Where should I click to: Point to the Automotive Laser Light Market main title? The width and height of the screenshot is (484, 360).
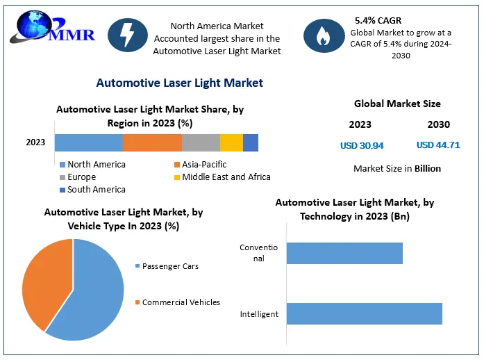[x=179, y=83]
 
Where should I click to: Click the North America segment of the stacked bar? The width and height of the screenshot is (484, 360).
[x=89, y=142]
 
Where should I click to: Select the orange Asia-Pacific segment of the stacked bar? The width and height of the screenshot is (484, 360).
[x=152, y=142]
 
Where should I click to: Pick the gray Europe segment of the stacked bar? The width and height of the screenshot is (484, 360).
[x=201, y=142]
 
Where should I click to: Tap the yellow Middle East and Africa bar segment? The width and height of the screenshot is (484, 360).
[x=231, y=142]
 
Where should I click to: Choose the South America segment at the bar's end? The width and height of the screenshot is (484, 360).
[x=251, y=142]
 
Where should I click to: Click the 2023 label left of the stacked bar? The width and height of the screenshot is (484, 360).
[x=35, y=142]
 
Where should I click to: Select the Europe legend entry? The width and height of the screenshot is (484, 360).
[x=81, y=177]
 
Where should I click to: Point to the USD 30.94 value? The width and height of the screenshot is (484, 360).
[x=362, y=146]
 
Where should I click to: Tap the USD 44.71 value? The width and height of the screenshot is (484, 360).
[x=438, y=145]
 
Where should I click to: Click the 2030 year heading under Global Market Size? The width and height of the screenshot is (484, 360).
[x=438, y=125]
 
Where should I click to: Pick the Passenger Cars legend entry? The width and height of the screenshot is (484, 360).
[x=169, y=266]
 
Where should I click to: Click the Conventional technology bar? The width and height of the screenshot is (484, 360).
[x=344, y=253]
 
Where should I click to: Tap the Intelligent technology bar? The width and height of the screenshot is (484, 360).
[x=364, y=313]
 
